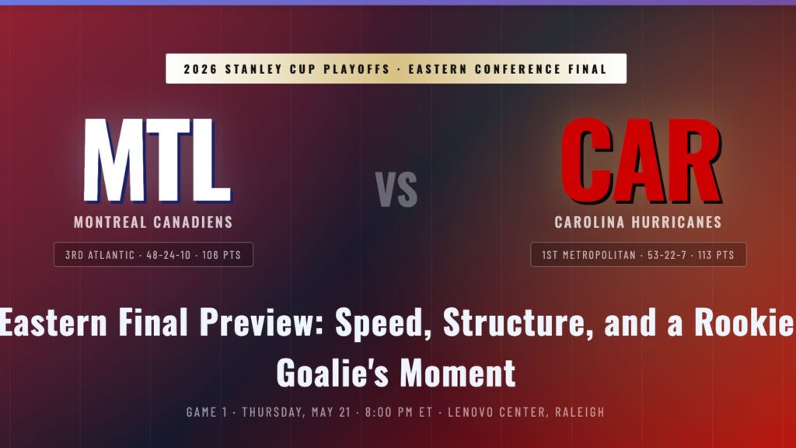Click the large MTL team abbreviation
(157, 160)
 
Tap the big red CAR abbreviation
(641, 160)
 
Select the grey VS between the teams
(396, 189)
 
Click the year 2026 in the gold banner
(200, 69)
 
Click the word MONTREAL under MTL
(110, 222)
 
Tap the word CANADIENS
(193, 222)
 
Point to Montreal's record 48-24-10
(169, 255)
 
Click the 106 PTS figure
(222, 255)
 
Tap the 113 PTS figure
(716, 255)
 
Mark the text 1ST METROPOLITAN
(589, 255)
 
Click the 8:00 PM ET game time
(399, 412)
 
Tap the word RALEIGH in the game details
(580, 412)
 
